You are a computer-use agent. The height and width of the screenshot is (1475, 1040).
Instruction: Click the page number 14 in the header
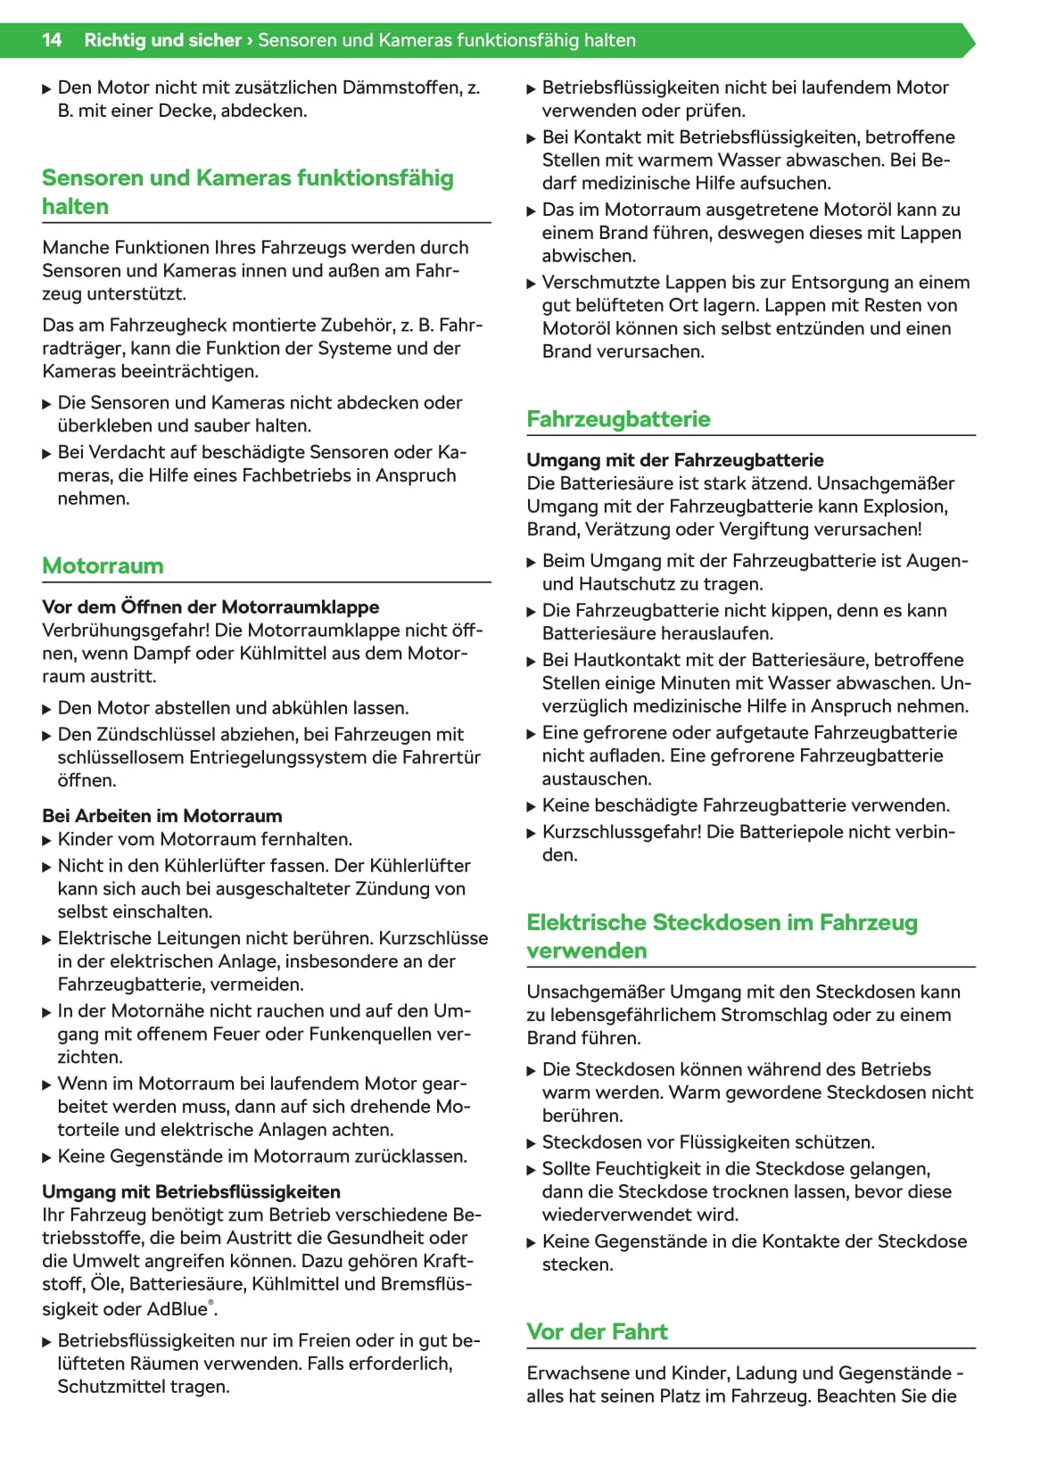(x=52, y=40)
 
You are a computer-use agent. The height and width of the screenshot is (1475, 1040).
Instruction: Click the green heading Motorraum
(x=103, y=565)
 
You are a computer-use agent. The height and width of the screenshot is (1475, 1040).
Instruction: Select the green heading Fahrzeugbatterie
(x=618, y=419)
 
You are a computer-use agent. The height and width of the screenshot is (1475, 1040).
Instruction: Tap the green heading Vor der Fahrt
(x=597, y=1331)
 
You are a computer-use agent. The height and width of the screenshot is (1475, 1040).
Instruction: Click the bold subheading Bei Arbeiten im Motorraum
(x=161, y=816)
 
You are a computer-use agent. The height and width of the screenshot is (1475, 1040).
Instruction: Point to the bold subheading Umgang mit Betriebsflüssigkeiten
(x=191, y=1191)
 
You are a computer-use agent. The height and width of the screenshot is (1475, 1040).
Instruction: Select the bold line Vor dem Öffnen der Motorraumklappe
(x=210, y=606)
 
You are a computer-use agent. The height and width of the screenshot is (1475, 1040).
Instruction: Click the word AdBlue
(x=177, y=1309)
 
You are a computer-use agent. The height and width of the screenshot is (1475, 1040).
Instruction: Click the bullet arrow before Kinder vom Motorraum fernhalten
(x=47, y=840)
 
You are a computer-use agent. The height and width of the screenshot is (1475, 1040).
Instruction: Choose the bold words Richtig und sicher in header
(x=162, y=40)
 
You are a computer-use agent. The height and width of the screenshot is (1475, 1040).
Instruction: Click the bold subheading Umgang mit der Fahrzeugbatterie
(x=674, y=460)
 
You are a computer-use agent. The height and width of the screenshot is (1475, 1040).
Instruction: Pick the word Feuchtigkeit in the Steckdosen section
(x=656, y=1168)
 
